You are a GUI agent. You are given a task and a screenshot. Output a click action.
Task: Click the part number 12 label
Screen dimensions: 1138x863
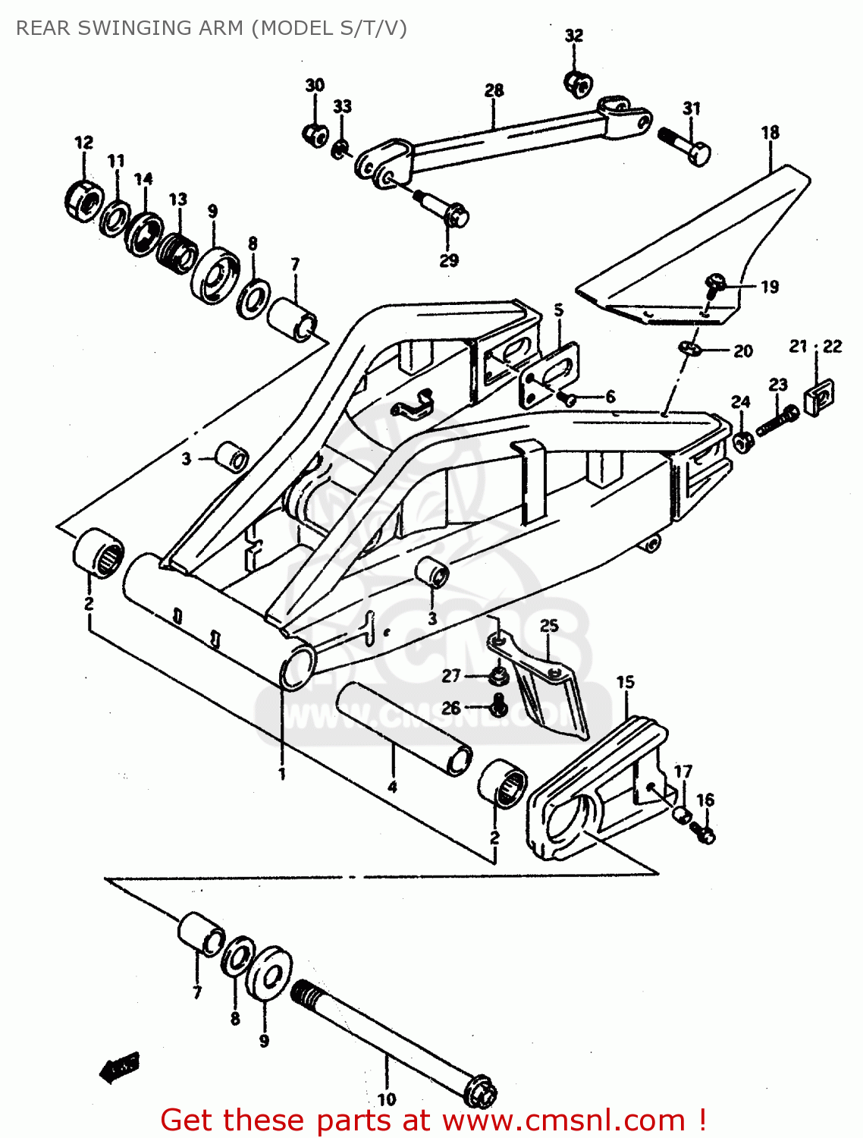83,143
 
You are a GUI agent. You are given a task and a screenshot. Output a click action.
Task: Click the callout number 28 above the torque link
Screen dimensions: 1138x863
494,90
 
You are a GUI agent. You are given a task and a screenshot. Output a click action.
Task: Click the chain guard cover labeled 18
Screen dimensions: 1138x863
698,243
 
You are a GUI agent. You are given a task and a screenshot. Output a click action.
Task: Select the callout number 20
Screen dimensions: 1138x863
743,351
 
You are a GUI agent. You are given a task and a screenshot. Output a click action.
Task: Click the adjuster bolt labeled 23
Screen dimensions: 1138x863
778,420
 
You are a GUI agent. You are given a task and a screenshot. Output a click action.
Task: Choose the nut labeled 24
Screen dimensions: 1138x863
742,441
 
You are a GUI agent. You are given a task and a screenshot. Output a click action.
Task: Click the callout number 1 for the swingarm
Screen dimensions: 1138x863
282,774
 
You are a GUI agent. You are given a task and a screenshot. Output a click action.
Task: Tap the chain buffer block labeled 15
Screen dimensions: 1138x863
599,789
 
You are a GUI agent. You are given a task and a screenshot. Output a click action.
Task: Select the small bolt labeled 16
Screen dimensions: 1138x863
703,834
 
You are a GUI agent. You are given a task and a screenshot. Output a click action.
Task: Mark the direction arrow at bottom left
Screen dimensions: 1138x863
120,1067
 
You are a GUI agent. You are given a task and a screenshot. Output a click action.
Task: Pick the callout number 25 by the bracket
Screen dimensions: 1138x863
549,625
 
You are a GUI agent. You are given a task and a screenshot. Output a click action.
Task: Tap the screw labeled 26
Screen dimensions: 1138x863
498,706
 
